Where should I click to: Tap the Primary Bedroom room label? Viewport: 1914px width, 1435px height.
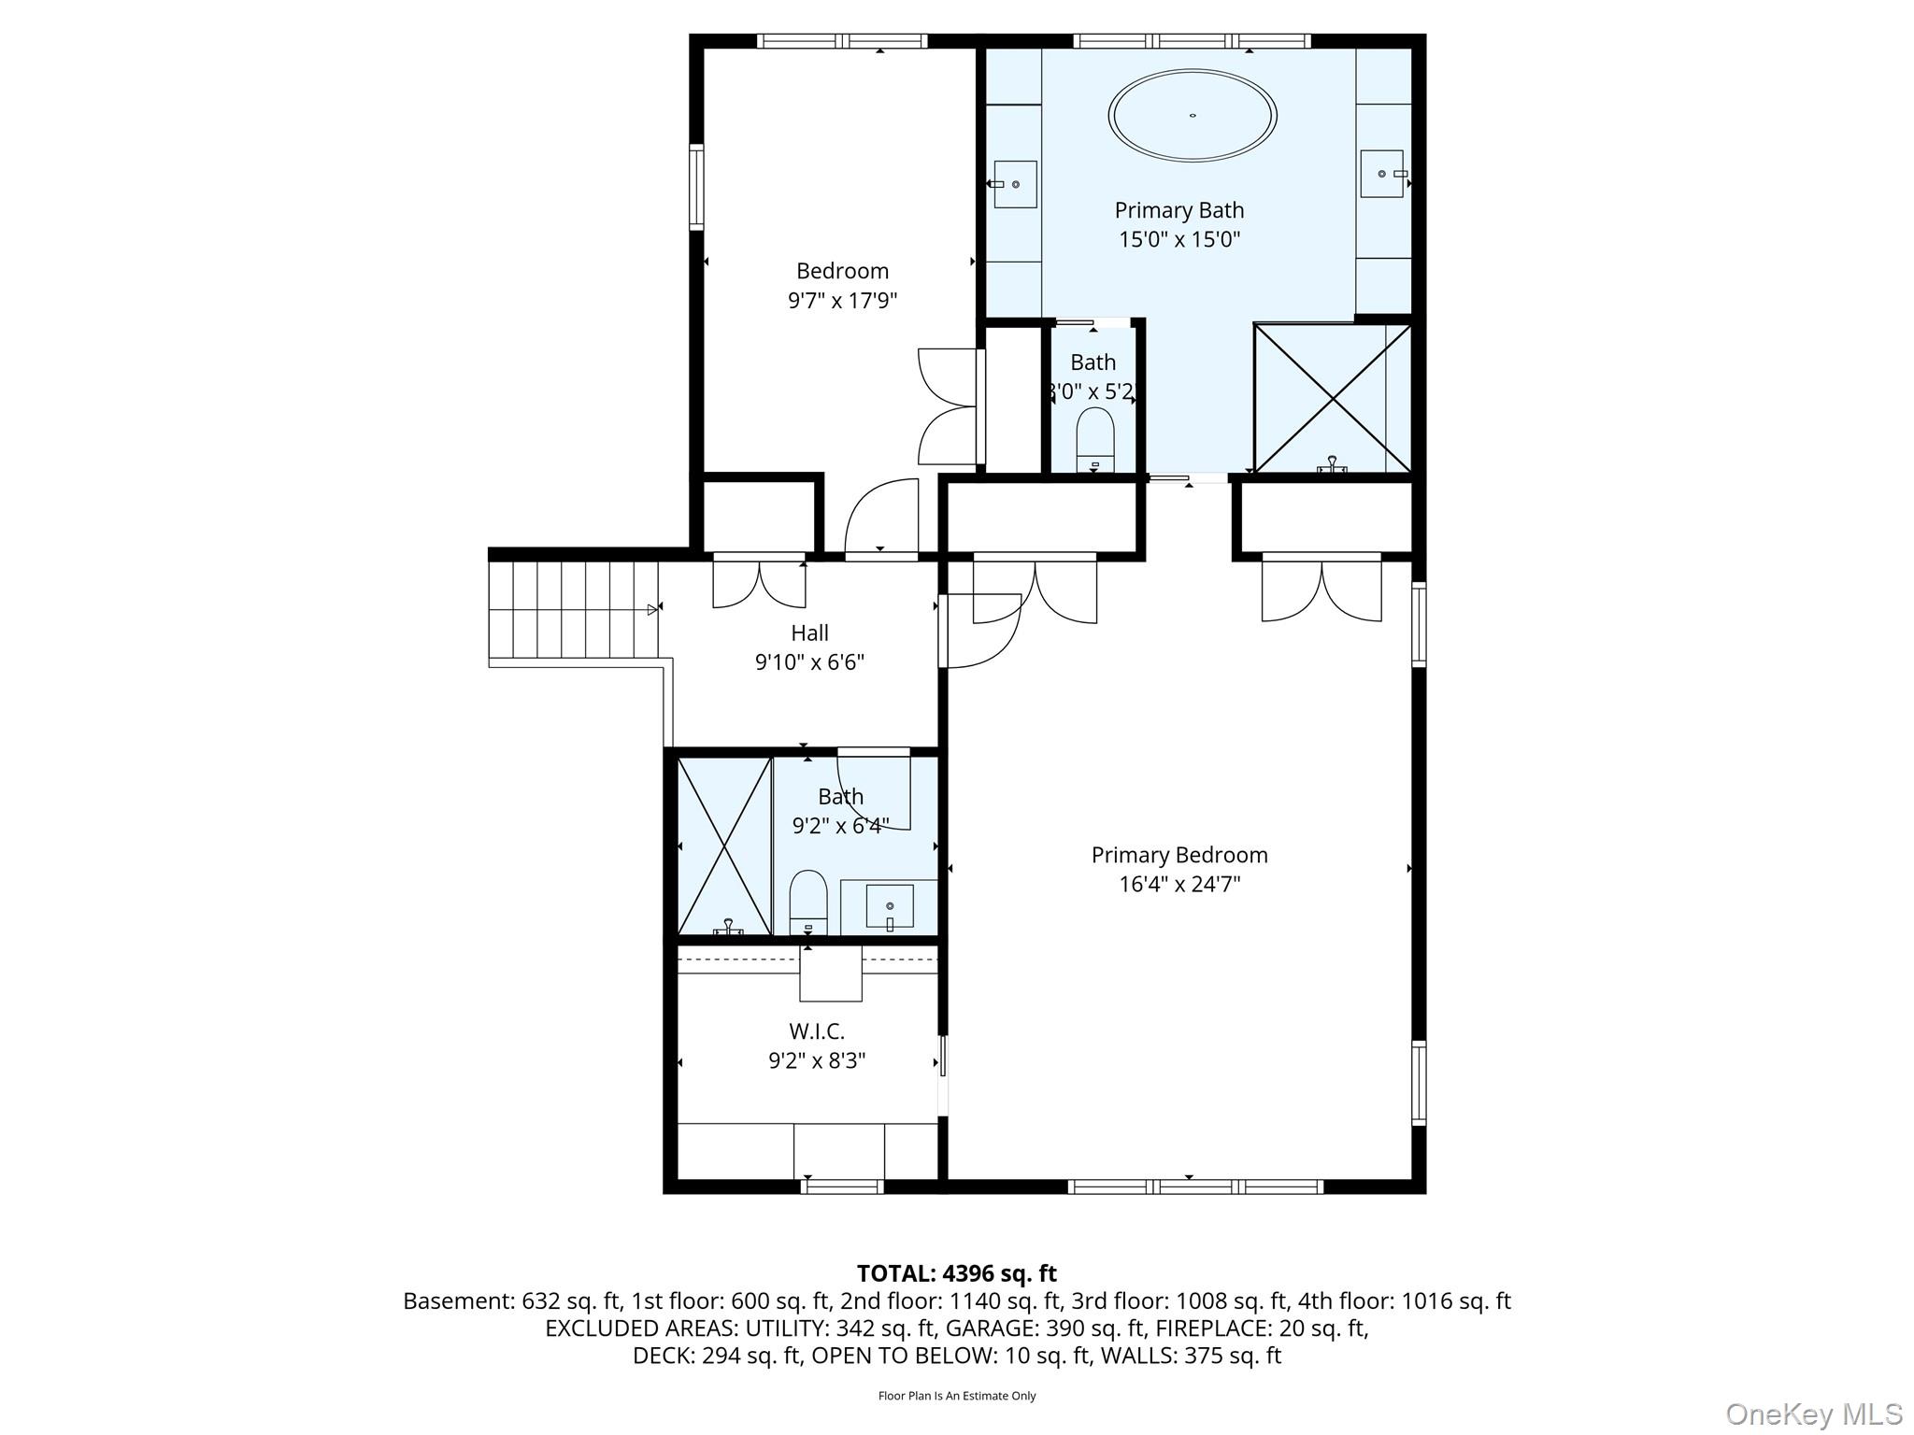(x=1179, y=855)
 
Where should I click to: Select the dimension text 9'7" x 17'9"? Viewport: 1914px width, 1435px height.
(x=842, y=301)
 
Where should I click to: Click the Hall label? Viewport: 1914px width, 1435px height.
(x=809, y=633)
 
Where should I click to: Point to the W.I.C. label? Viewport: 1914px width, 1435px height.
(x=817, y=1031)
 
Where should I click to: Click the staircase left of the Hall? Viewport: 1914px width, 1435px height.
(x=573, y=609)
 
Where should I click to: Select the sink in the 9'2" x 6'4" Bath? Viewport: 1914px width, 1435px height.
(x=890, y=906)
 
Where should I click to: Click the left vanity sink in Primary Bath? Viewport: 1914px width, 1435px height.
(x=1014, y=184)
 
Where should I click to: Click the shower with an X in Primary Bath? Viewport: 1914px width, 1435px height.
(x=1332, y=398)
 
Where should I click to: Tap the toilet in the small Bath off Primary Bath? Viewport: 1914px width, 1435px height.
(x=1095, y=440)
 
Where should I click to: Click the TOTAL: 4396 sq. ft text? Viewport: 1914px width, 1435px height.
(x=957, y=1273)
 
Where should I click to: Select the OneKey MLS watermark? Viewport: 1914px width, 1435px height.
(x=1814, y=1414)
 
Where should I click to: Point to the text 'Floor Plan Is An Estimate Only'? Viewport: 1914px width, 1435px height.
(x=957, y=1396)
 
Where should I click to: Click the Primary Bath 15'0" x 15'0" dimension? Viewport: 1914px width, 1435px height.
(x=1179, y=239)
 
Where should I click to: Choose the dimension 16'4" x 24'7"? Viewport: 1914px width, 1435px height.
(x=1179, y=884)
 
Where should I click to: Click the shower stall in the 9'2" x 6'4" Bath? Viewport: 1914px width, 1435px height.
(x=724, y=846)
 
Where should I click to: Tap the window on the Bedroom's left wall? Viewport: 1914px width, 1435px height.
(x=696, y=187)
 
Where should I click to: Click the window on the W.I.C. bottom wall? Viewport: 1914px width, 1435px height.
(x=842, y=1186)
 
